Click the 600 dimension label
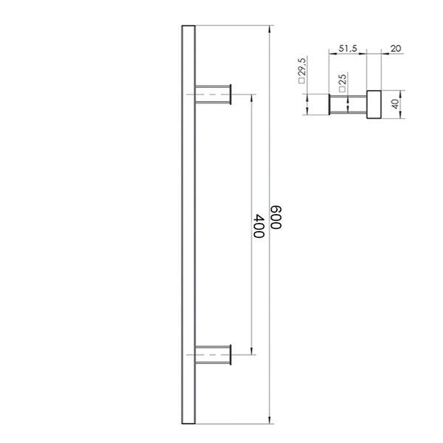276,217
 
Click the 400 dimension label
259,226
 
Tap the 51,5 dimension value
348,49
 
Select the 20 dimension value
396,49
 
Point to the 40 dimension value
396,104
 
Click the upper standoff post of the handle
212,95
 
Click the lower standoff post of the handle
212,354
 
